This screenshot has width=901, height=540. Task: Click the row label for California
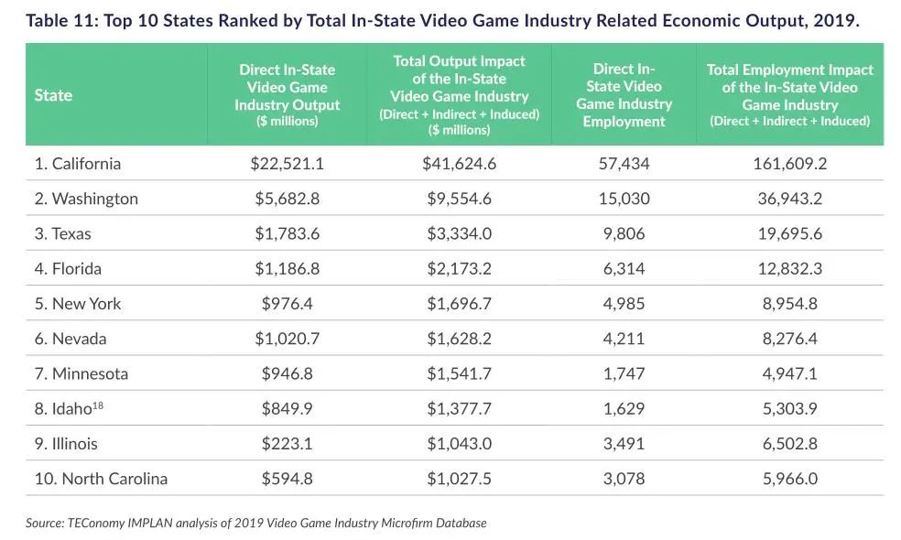pos(78,164)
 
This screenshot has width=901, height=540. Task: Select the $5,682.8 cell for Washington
pos(287,199)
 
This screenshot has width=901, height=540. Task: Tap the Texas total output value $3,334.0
pos(459,233)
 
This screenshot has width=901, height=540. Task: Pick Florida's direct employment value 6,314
pos(624,269)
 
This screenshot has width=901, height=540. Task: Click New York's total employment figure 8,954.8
pos(790,304)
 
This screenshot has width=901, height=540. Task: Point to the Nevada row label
pos(71,339)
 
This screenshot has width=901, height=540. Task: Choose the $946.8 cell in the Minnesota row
pos(287,373)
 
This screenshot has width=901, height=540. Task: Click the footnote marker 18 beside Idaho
pos(98,405)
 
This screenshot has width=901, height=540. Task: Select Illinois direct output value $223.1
pos(287,444)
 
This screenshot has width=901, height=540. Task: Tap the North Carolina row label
pos(101,479)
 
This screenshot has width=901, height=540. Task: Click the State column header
pos(53,95)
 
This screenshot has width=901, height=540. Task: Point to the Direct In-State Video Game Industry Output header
pos(287,95)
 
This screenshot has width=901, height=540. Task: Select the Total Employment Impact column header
pos(790,95)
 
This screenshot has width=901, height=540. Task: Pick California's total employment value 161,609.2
pos(790,164)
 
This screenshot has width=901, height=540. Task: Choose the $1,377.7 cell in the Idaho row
pos(459,409)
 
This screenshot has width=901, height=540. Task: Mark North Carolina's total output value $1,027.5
pos(459,479)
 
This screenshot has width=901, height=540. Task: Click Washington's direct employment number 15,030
pos(624,199)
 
